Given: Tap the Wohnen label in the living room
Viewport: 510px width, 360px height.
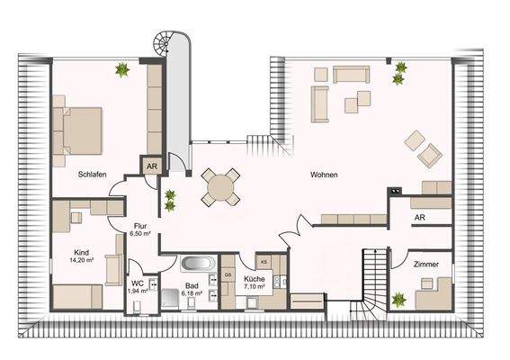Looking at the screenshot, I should pos(325,175).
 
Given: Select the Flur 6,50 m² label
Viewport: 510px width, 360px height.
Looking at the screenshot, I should pos(139,229).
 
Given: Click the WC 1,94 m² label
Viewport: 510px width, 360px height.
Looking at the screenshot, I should pos(137,287).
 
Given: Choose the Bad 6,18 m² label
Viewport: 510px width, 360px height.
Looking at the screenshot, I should pos(193,289).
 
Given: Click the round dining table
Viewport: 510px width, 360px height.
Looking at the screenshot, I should pos(221,187).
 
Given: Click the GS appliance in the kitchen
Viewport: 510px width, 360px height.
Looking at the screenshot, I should pos(228,274).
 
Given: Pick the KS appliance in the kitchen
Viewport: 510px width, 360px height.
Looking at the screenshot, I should pos(264,261).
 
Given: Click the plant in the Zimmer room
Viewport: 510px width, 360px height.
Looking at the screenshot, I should pos(398,300).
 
